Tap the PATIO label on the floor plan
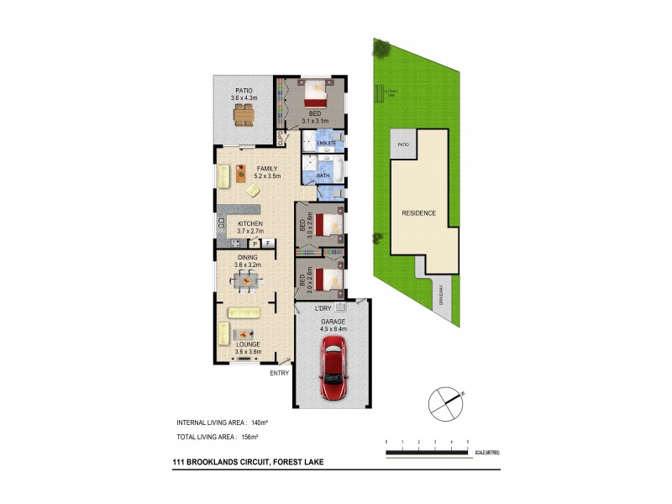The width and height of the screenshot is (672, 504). click(x=244, y=91)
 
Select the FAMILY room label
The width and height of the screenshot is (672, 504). click(x=267, y=169)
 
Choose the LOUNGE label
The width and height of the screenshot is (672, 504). click(x=248, y=344)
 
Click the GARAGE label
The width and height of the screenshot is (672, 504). click(x=333, y=322)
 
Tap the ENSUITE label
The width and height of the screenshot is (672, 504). click(x=327, y=144)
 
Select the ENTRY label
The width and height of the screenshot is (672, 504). click(x=281, y=373)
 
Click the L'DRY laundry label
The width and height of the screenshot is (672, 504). click(x=324, y=308)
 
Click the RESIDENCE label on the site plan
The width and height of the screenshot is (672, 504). click(x=418, y=213)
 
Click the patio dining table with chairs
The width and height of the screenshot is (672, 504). click(x=244, y=114)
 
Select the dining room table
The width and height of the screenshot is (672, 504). click(x=248, y=282)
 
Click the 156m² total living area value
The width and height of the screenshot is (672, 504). click(x=249, y=438)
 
